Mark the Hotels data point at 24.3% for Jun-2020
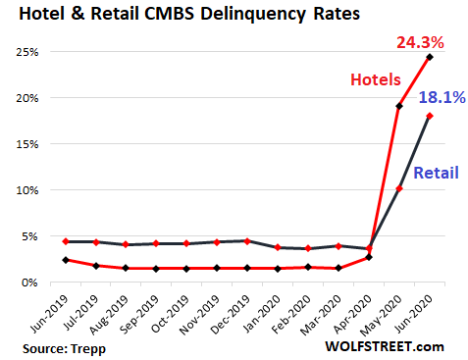point(430,57)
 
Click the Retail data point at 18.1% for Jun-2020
point(430,116)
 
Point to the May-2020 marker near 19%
point(399,106)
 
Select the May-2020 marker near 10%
point(399,188)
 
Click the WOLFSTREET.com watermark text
point(389,346)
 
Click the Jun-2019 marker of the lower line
point(64,260)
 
